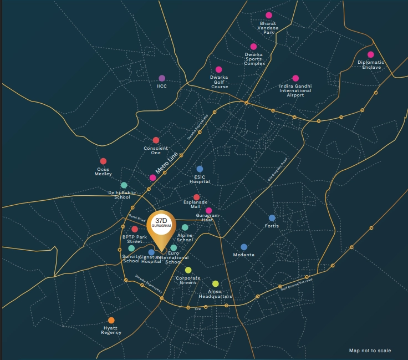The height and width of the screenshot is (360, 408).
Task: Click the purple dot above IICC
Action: (162, 78)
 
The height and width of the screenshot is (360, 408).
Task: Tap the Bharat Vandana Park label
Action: (269, 28)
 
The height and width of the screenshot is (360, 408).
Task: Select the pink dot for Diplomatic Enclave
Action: (371, 54)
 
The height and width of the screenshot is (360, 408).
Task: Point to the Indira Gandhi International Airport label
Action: (295, 90)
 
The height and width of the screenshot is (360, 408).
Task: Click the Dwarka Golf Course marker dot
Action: (219, 70)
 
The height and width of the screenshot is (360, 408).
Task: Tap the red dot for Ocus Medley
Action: (103, 161)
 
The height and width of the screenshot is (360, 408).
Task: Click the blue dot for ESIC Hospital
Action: (200, 169)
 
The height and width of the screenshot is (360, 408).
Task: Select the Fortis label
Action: (272, 226)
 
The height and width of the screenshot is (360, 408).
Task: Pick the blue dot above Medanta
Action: (244, 247)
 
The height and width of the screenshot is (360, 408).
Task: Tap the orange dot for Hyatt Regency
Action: (111, 320)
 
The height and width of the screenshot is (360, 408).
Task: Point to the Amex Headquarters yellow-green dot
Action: (216, 284)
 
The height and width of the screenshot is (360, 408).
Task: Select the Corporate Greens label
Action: (188, 280)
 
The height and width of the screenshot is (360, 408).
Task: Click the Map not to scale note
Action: (370, 351)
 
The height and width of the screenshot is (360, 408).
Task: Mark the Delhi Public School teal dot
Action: (124, 185)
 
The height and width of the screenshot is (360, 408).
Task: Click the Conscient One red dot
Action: (156, 140)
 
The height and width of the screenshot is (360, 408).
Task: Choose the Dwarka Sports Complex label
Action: (254, 59)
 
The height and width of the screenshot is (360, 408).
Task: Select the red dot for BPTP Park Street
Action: (135, 229)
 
